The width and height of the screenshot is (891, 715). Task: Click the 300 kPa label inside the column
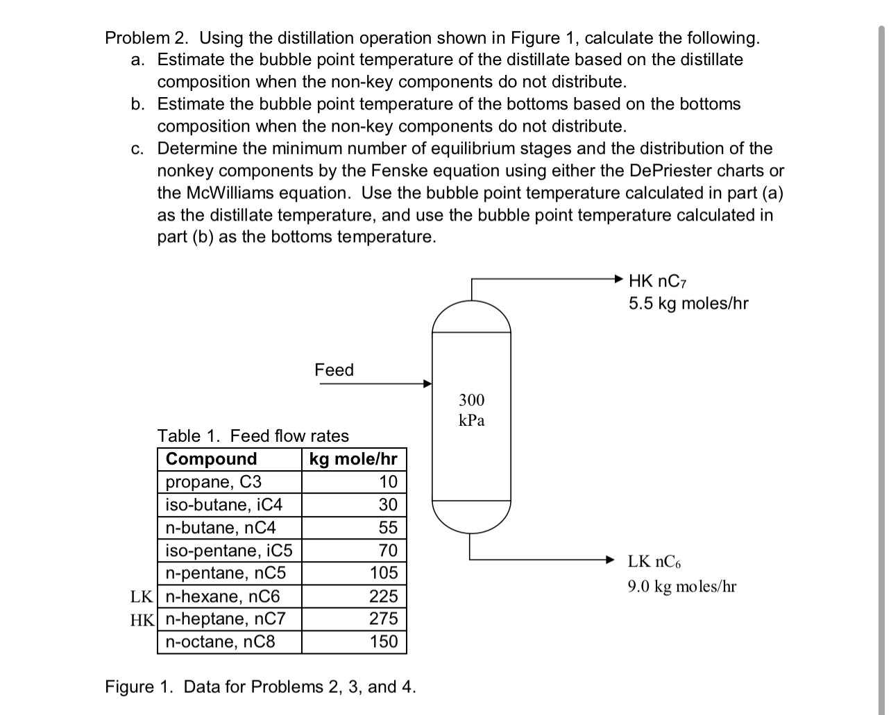[472, 410]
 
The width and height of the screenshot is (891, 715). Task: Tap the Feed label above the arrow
[334, 370]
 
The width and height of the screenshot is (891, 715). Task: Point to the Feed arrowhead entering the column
[427, 383]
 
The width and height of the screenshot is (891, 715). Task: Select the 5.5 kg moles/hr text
[688, 304]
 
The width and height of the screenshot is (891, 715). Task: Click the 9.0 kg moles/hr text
[682, 587]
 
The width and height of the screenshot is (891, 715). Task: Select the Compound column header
[212, 459]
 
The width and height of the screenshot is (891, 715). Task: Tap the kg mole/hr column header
[353, 459]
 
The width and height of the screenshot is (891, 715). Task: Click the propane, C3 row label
[214, 482]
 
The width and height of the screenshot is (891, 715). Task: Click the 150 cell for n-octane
[384, 641]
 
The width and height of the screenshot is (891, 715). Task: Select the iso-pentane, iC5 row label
[229, 551]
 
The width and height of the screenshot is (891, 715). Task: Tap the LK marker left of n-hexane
[142, 596]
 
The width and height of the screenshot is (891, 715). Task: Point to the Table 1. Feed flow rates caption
[253, 436]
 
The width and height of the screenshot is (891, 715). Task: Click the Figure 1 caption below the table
[260, 687]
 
